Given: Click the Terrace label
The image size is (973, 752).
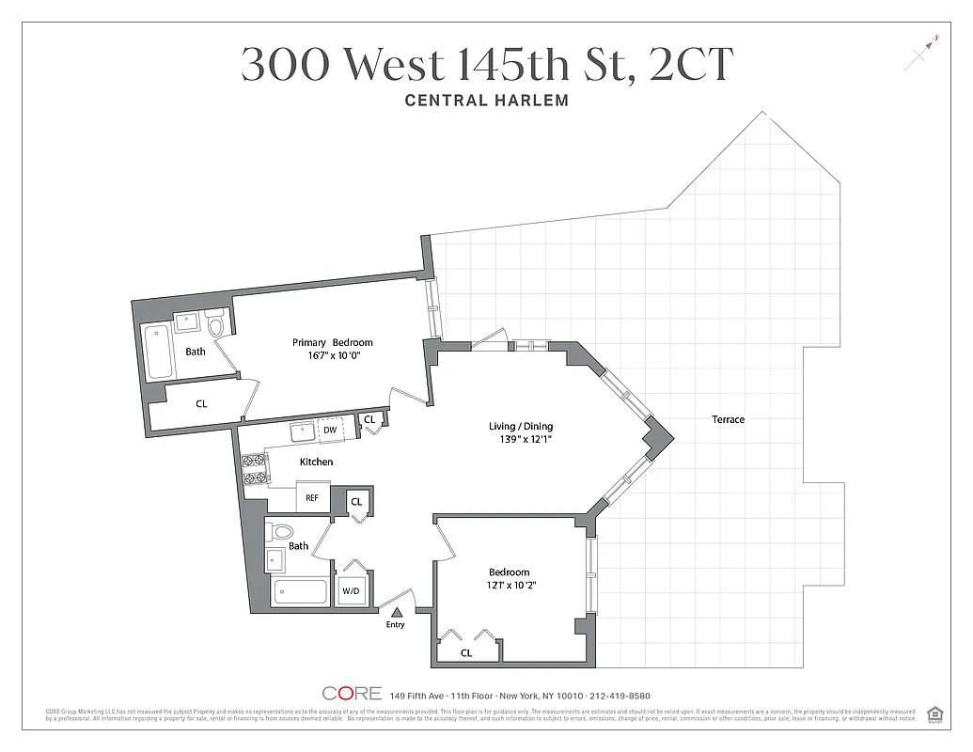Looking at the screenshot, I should click(x=728, y=419).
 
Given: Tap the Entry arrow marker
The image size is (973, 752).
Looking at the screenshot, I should click(x=396, y=612).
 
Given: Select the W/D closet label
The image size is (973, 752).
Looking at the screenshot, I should click(x=351, y=591).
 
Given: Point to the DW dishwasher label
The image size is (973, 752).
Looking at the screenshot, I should click(x=330, y=431).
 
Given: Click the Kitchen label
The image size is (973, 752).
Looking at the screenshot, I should click(x=316, y=462).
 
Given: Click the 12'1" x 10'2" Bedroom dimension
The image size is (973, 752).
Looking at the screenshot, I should click(x=511, y=586).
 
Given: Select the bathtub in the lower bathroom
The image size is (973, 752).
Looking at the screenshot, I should click(x=300, y=593).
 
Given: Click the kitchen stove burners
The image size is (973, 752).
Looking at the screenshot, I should click(x=254, y=468).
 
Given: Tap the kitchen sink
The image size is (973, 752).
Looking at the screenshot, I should click(x=303, y=431).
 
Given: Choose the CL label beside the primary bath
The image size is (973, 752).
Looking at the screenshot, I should click(x=201, y=403).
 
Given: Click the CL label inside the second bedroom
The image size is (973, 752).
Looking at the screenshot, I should click(x=466, y=652).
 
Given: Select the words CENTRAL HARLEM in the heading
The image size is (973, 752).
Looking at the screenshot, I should click(x=486, y=100).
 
